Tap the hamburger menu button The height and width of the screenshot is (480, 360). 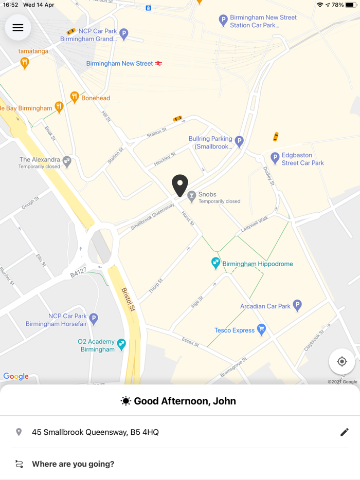(x=18, y=28)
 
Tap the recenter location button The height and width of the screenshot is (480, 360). (x=341, y=362)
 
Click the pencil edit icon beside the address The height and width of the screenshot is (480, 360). (x=345, y=432)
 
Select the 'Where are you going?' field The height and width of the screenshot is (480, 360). (x=73, y=464)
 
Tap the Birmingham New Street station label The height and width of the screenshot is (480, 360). (x=120, y=64)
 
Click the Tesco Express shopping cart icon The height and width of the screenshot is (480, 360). (x=261, y=330)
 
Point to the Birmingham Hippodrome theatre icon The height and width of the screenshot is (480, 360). (x=216, y=263)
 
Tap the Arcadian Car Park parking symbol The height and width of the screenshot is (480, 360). (x=297, y=305)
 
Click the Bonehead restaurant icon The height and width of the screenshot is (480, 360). (x=75, y=97)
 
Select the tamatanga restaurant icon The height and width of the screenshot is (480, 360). (x=24, y=63)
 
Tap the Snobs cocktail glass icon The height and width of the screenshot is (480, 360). (x=192, y=196)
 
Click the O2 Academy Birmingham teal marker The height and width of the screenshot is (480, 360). (x=121, y=344)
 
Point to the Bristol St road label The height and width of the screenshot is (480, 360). (x=128, y=300)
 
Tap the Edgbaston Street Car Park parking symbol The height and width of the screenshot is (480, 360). (x=275, y=158)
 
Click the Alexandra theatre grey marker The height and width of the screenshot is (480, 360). (x=67, y=162)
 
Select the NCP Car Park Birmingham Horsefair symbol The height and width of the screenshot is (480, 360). (x=94, y=319)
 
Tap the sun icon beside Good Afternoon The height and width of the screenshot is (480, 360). (x=125, y=401)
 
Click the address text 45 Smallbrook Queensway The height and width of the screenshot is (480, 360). (x=95, y=432)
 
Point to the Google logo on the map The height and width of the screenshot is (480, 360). (x=16, y=376)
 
